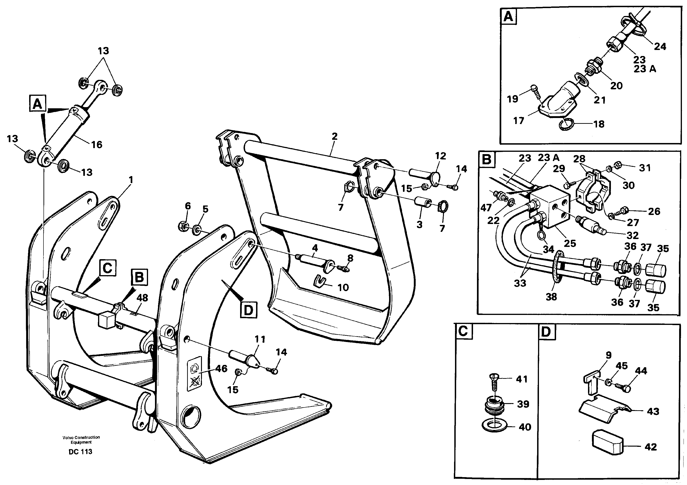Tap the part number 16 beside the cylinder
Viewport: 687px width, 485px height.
tap(96, 145)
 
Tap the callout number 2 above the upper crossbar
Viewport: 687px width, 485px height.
tap(334, 137)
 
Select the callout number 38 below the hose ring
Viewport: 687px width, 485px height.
tap(551, 297)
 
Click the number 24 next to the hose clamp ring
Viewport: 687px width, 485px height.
tap(660, 47)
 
